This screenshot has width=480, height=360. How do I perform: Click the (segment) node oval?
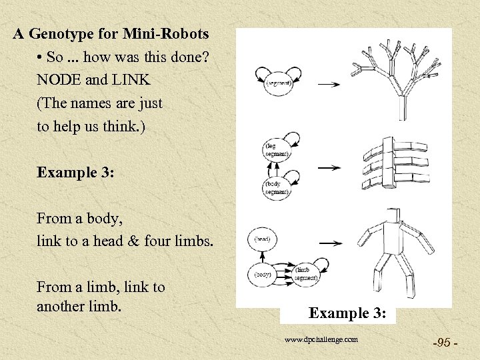[x=277, y=83]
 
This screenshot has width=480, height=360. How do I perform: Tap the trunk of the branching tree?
[x=402, y=107]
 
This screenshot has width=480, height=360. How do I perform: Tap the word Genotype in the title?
[x=66, y=33]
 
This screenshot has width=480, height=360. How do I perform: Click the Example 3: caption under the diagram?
[x=348, y=312]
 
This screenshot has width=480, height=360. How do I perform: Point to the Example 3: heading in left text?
[x=76, y=172]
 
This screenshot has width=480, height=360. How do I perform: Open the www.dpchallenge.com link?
[x=321, y=339]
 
